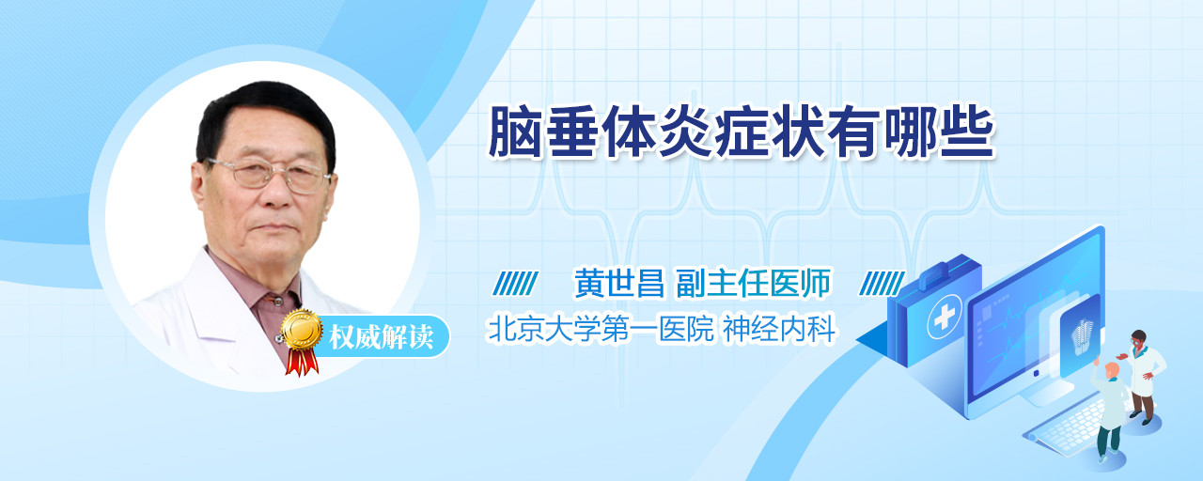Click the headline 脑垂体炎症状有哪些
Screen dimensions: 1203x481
click(x=742, y=132)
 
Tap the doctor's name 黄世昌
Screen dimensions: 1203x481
click(x=619, y=283)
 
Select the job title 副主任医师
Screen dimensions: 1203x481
click(x=753, y=283)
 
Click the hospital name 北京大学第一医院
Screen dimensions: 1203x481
click(x=601, y=329)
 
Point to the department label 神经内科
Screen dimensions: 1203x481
click(x=779, y=329)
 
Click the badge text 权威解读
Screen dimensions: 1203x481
click(x=381, y=337)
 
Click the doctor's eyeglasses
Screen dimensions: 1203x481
click(x=269, y=175)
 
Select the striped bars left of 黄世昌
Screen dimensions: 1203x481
click(x=516, y=283)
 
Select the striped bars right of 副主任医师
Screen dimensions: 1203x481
click(x=882, y=283)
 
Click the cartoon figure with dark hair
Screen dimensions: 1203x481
click(x=1142, y=375)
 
